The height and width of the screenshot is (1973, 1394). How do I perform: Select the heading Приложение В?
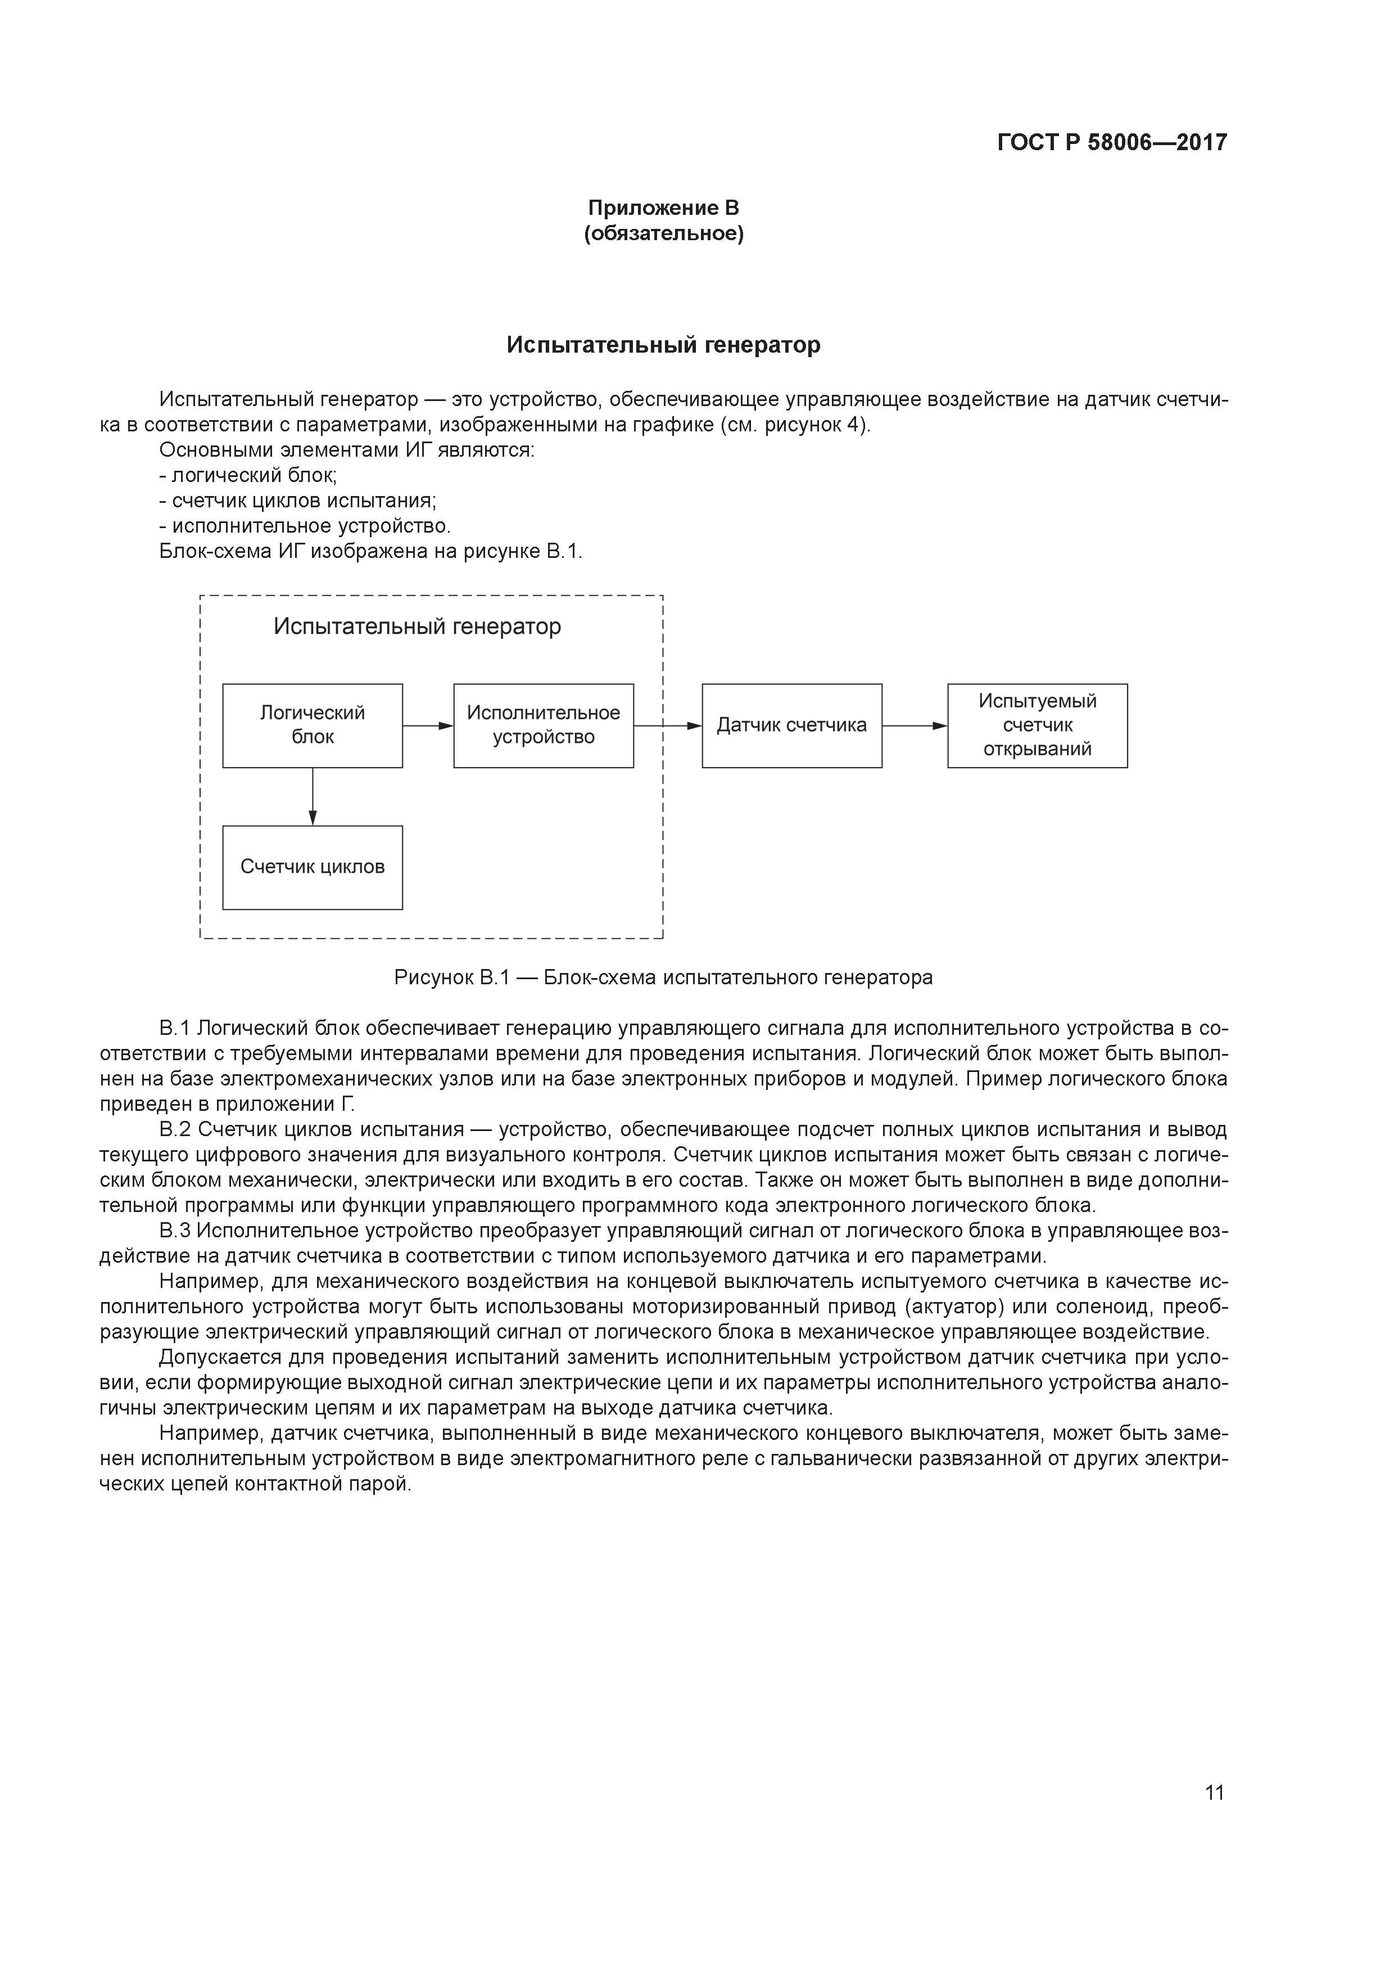click(x=663, y=208)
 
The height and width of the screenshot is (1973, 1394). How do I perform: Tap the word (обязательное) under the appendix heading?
click(x=663, y=234)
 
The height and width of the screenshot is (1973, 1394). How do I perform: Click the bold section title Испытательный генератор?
click(x=663, y=345)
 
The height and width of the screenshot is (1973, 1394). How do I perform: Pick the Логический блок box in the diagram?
click(x=313, y=726)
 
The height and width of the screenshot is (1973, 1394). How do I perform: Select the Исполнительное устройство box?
click(x=544, y=726)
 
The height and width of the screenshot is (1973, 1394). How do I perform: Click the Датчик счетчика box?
click(x=792, y=726)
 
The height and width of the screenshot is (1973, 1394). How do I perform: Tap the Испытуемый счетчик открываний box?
click(x=1038, y=726)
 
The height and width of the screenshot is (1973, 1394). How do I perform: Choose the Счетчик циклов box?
click(x=313, y=867)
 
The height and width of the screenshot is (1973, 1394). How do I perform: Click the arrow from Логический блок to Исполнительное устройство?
click(x=428, y=726)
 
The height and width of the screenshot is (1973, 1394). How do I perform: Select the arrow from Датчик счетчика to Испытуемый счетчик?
click(x=915, y=726)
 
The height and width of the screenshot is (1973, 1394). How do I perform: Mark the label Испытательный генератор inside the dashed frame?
click(x=418, y=627)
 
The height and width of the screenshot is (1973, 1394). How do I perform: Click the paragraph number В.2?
click(x=174, y=1129)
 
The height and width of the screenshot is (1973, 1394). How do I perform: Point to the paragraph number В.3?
click(x=174, y=1231)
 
